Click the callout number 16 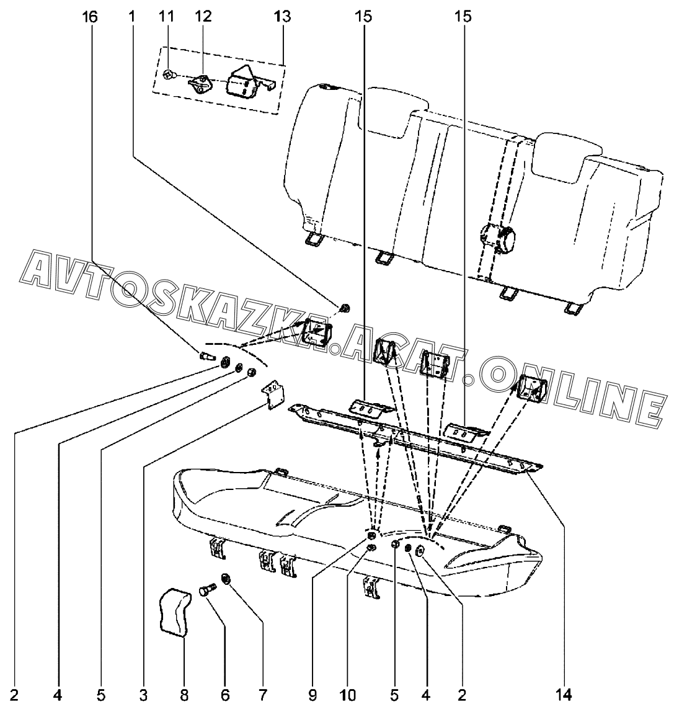click(90, 17)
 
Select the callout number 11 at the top click(167, 17)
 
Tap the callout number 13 click(282, 17)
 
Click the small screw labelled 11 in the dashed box click(168, 76)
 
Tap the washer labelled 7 click(226, 579)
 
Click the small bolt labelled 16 click(207, 357)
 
